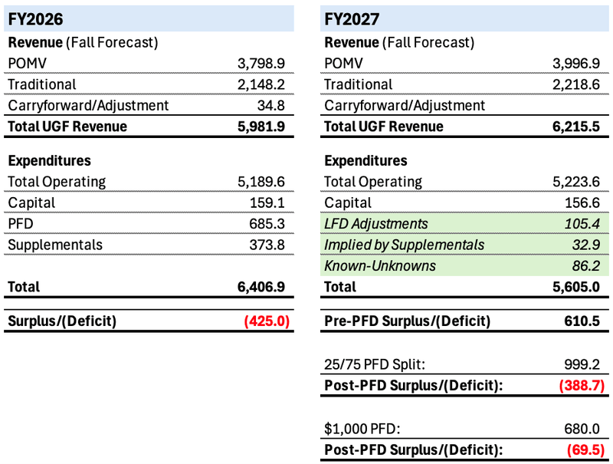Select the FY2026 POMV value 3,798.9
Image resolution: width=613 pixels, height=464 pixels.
[263, 63]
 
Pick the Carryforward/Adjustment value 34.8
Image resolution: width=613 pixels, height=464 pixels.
[273, 105]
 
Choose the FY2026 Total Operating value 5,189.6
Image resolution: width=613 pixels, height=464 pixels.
[263, 182]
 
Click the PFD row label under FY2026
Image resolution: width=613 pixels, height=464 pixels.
[22, 224]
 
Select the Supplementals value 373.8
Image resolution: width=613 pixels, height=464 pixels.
[268, 245]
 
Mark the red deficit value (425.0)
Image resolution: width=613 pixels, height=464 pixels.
[266, 321]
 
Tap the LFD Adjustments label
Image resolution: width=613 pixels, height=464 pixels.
[376, 224]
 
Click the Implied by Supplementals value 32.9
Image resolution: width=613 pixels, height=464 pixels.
[589, 245]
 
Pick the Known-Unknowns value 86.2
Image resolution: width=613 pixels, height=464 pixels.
[589, 266]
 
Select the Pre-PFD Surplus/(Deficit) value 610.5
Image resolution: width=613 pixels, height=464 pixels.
[584, 321]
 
